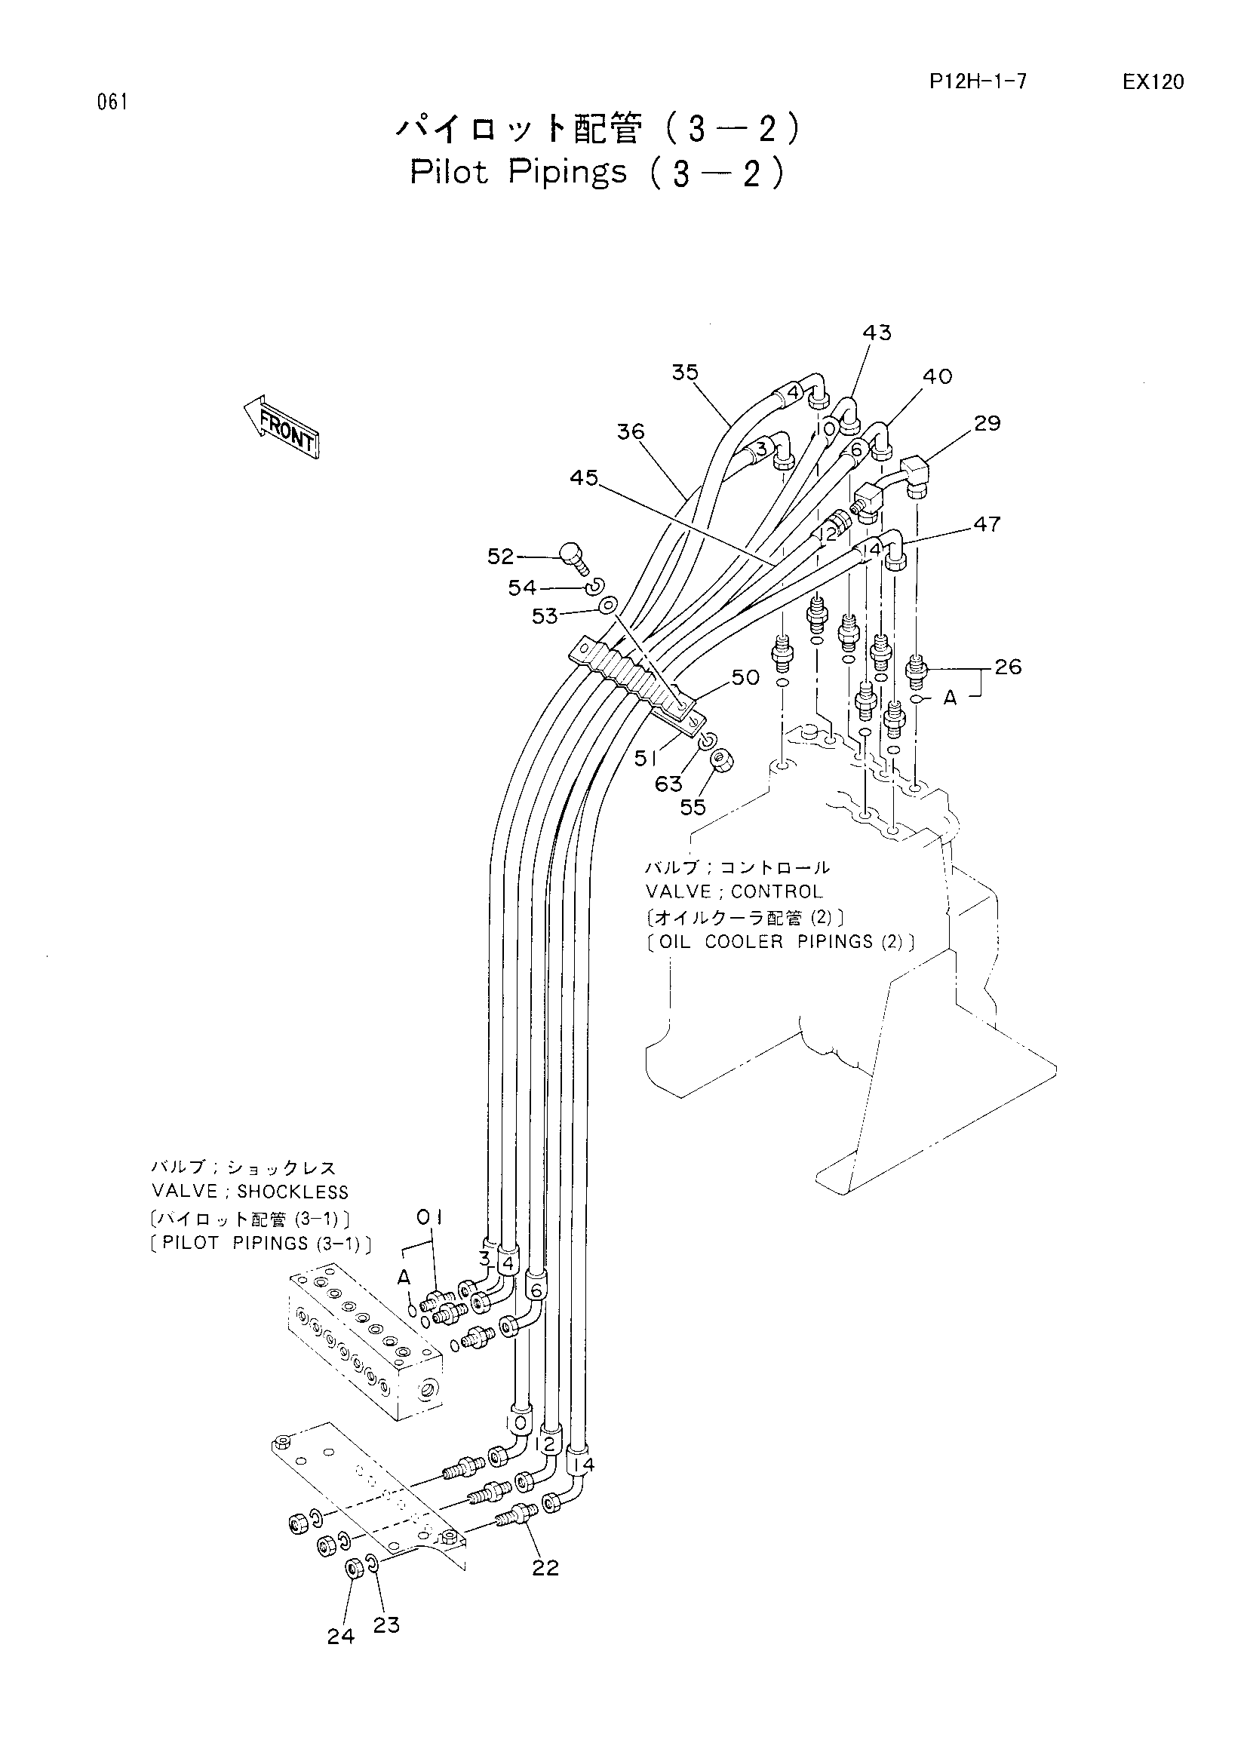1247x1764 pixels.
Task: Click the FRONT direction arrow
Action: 281,426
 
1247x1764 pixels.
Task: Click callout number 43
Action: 877,333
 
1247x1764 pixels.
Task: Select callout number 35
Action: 684,373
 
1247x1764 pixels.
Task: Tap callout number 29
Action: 987,423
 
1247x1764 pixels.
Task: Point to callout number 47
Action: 987,524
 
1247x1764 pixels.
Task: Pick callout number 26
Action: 1008,667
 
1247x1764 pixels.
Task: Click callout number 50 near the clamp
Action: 745,678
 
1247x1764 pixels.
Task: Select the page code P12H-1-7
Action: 978,81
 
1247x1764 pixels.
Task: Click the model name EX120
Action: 1153,82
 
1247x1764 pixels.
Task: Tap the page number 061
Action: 112,101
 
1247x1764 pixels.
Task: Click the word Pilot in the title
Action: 450,171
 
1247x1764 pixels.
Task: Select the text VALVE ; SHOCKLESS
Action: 250,1192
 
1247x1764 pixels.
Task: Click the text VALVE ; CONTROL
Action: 734,891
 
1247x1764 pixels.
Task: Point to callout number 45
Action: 584,478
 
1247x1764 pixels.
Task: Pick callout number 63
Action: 668,784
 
